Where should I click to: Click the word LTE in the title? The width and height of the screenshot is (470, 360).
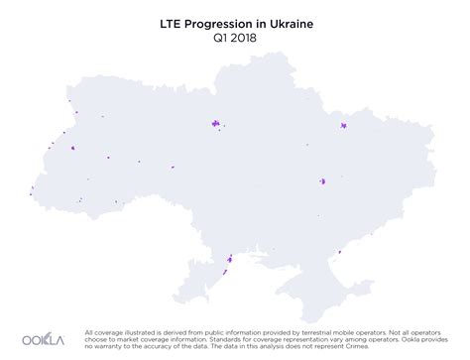coord(175,19)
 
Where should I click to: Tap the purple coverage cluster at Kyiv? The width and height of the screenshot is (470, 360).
coord(213,124)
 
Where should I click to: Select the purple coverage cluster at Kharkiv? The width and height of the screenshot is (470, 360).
coord(343,127)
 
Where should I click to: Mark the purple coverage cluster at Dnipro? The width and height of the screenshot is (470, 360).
coord(322,181)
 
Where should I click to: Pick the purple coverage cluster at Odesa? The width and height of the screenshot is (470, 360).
coord(228,260)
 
